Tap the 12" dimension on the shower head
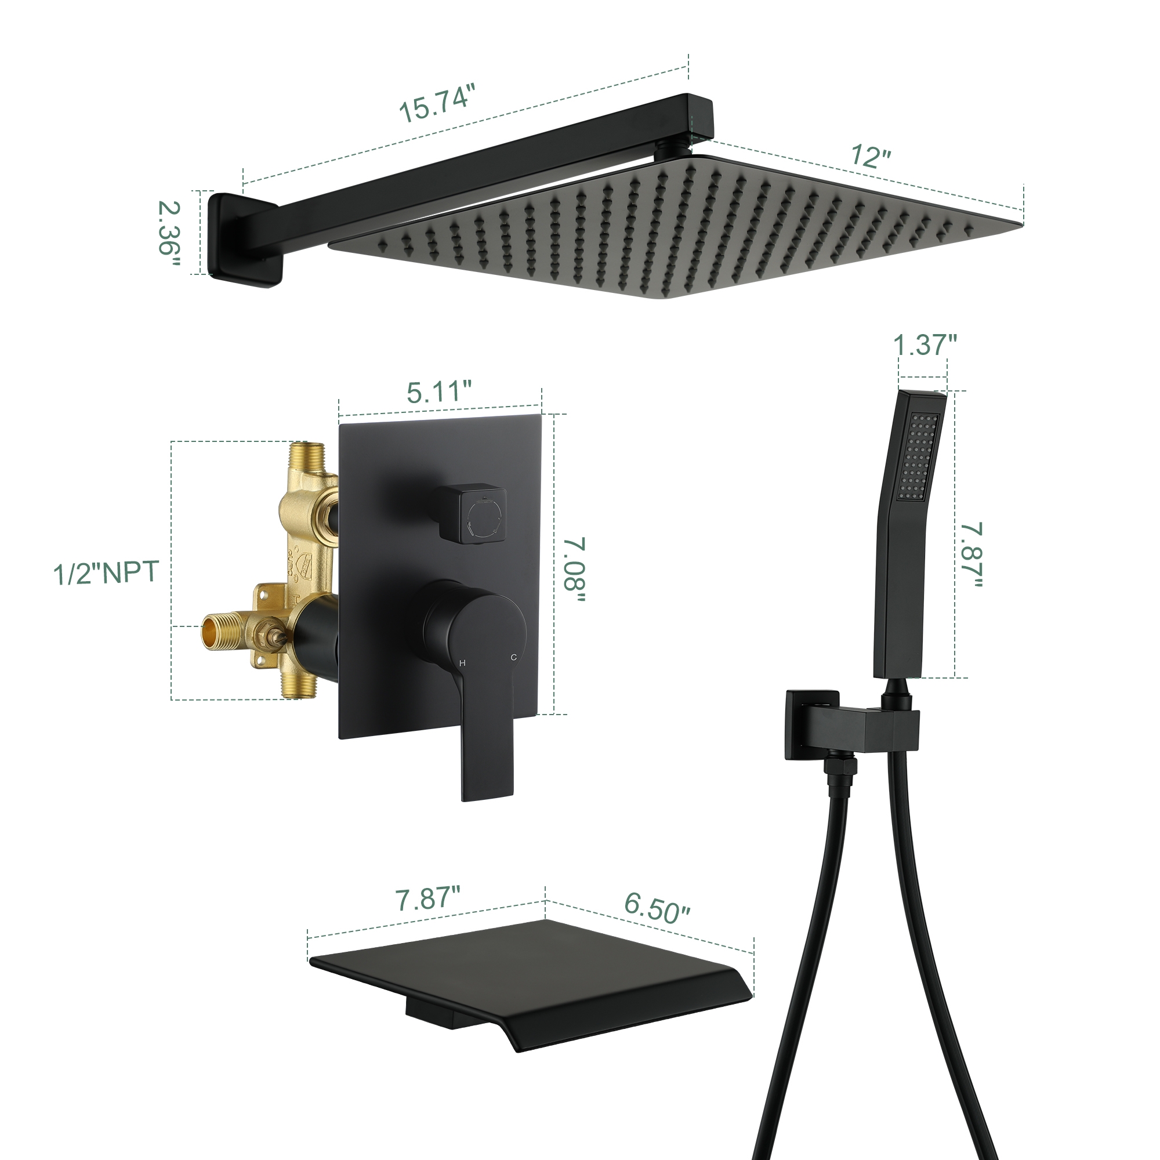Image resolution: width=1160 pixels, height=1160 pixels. tap(870, 156)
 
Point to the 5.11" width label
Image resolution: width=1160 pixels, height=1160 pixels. tap(439, 392)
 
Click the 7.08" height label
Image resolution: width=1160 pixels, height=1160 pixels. tap(574, 570)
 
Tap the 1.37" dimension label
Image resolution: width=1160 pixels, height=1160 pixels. tap(925, 345)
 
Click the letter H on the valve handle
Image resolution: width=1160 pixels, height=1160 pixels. tap(462, 664)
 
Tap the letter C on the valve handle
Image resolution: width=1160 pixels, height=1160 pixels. tap(514, 658)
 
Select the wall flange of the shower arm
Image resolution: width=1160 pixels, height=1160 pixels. tap(243, 238)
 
